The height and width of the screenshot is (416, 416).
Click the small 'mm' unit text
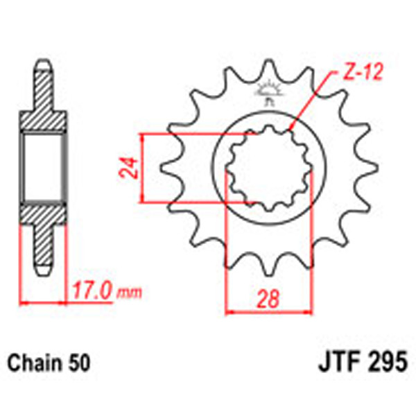click(127, 292)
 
